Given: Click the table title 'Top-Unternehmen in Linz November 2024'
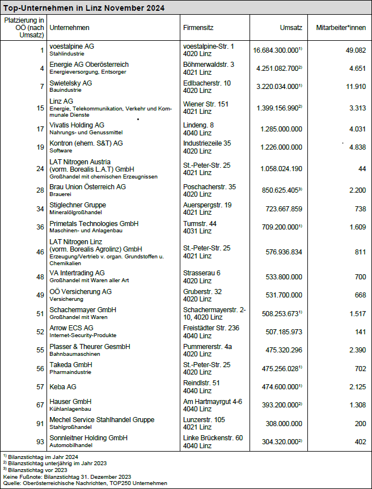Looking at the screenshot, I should point(84,8).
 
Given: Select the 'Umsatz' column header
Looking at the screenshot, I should point(291,28).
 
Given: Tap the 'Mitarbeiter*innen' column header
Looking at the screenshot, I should point(341,28).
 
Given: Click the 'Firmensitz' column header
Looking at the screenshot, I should point(198,28).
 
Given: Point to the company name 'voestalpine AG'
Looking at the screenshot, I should point(71,46).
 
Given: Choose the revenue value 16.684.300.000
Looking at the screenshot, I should point(276,50).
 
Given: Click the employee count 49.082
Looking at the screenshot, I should point(355,50).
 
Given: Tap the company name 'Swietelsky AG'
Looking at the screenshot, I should point(71,83).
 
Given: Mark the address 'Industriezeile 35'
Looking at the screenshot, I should point(207,143).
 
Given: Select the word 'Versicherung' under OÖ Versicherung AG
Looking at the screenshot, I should point(66,299).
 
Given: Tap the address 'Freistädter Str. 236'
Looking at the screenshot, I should point(212,328).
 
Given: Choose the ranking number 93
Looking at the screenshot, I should point(40,441).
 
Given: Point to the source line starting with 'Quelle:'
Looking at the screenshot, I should point(85,483).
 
